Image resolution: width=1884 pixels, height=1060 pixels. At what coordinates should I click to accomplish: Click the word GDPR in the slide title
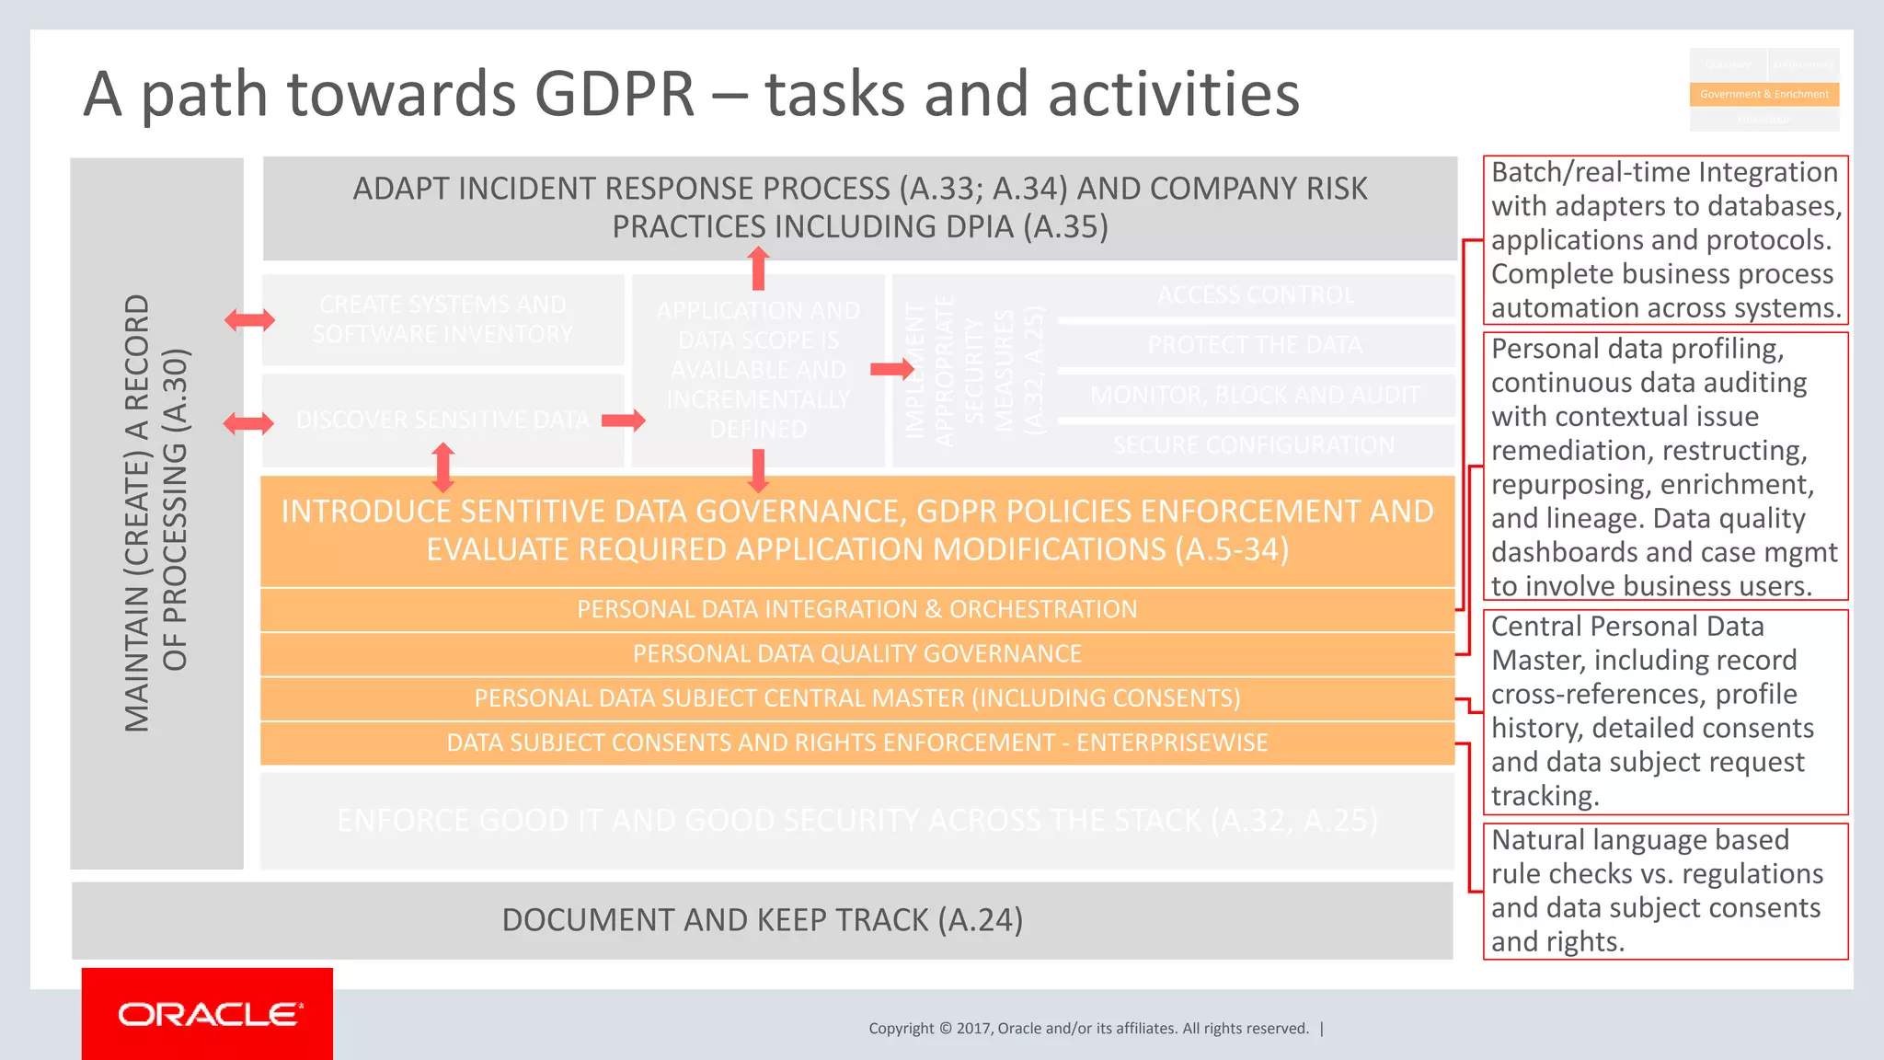615,94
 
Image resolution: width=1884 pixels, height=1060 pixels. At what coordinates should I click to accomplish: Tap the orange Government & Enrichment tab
1763,94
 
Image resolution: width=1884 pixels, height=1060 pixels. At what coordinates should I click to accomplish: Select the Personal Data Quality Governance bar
856,653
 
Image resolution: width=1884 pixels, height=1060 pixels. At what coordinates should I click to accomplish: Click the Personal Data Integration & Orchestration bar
856,609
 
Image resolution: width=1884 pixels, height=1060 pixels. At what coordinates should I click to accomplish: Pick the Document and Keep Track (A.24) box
762,920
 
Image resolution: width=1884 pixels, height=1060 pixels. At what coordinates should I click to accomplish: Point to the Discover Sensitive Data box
442,420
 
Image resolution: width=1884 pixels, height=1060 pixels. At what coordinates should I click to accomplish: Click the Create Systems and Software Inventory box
442,319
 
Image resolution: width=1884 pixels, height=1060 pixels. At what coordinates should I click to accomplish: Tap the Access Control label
1255,295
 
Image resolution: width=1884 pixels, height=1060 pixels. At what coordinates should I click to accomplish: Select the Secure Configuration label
1253,445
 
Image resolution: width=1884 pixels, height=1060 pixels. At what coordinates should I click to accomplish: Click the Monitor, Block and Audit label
1255,395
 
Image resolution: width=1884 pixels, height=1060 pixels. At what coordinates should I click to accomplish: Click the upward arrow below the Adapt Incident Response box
758,269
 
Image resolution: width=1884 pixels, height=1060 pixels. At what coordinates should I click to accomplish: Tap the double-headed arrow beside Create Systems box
249,320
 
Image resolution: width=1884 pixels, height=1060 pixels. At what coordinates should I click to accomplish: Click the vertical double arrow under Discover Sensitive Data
443,467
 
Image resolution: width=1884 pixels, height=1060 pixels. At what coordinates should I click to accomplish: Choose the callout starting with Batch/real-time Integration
1665,240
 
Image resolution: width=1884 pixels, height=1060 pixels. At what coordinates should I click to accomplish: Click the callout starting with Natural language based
1665,891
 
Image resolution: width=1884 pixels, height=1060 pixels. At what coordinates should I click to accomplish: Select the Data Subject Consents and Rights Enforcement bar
856,743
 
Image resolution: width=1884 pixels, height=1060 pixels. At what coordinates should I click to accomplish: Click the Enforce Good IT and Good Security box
856,821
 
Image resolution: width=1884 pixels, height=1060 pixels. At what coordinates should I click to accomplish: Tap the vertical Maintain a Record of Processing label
156,513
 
